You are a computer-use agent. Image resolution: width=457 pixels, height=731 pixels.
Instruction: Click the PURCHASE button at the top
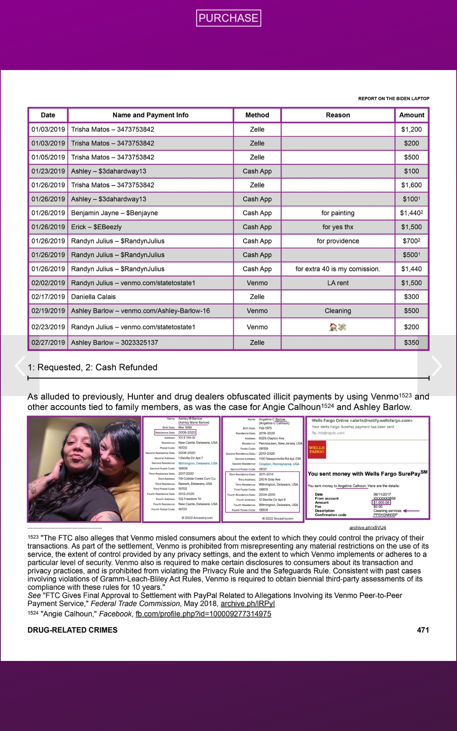click(228, 18)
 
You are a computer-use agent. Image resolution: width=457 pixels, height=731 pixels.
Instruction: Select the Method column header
click(257, 115)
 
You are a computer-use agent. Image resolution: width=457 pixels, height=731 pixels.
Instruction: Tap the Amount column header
click(411, 115)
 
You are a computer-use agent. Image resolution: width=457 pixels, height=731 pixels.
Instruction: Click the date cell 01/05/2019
click(48, 157)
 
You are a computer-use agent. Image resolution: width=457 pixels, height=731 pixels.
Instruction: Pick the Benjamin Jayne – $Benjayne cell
click(114, 213)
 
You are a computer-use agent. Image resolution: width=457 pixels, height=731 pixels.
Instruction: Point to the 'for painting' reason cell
click(338, 213)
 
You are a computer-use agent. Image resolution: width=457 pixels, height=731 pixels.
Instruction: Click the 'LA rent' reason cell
click(338, 283)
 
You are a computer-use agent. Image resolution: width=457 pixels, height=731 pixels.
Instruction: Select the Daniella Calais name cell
click(93, 297)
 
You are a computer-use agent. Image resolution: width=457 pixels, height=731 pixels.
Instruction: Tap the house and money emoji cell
click(338, 327)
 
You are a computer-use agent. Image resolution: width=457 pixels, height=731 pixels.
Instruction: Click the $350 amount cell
click(411, 342)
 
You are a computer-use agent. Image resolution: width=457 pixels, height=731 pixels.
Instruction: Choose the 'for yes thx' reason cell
click(338, 227)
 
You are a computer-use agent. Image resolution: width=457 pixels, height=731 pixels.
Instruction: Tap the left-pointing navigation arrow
click(20, 366)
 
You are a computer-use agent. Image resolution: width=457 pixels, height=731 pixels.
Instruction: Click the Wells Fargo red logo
click(316, 450)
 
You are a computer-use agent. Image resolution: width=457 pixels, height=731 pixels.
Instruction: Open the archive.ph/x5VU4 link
click(368, 527)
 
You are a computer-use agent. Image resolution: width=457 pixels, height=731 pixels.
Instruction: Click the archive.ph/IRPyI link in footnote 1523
click(248, 603)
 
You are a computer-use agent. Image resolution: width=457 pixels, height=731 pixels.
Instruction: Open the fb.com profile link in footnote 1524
click(203, 614)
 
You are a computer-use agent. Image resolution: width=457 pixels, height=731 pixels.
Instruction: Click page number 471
click(423, 630)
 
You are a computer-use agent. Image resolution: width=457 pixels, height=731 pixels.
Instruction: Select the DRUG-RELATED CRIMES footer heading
click(72, 630)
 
